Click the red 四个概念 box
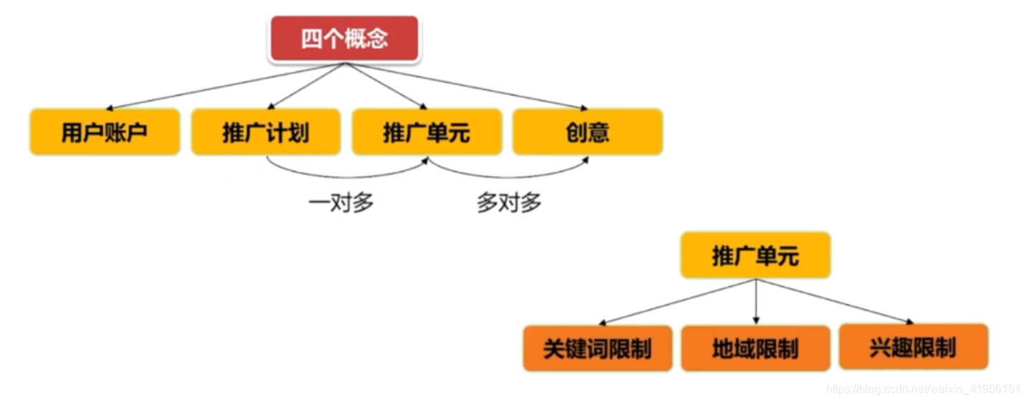coord(345,39)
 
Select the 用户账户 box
coord(105,133)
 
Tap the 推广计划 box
coord(265,133)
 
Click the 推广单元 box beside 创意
coord(427,133)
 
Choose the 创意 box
coord(587,133)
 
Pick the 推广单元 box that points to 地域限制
coord(755,256)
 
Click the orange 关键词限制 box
coord(597,349)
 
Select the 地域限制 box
coord(755,349)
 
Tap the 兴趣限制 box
coord(913,348)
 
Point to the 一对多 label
coord(341,203)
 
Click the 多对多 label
coord(509,203)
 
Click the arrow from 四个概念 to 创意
coord(466,86)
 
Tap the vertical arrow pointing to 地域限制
coord(756,301)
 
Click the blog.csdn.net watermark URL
coord(923,389)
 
